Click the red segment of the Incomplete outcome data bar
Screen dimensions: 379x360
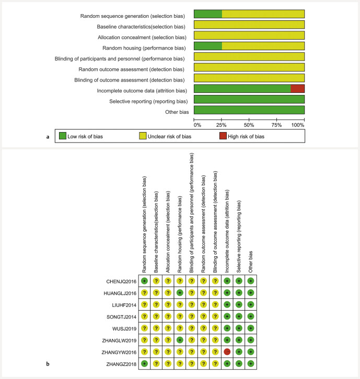tap(297, 89)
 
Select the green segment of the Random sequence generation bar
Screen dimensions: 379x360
tap(208, 14)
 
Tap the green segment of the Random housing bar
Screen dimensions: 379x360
tap(208, 46)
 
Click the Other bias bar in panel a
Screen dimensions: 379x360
tap(249, 110)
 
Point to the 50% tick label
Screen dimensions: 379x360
tap(249, 125)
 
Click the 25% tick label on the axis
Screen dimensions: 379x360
tap(222, 125)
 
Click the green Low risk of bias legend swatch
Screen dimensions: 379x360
tap(63, 137)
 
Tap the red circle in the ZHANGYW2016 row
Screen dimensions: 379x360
tap(227, 351)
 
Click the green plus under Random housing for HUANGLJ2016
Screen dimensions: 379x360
tap(180, 292)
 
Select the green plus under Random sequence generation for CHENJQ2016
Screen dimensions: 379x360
tap(144, 281)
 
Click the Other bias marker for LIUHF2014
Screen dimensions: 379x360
tap(251, 304)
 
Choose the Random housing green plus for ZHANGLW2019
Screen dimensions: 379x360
tap(180, 340)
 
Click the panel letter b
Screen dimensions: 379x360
tap(49, 363)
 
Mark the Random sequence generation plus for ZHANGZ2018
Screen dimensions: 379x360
tap(144, 363)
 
